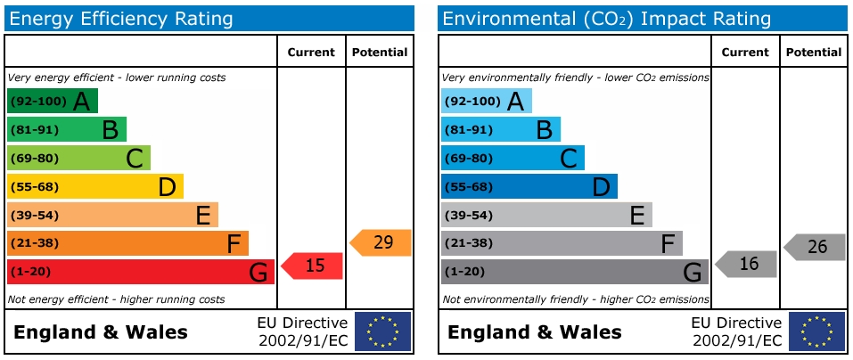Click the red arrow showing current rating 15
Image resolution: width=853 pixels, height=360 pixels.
(312, 266)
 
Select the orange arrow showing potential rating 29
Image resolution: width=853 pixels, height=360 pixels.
(381, 242)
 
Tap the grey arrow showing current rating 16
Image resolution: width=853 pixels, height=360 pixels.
(746, 264)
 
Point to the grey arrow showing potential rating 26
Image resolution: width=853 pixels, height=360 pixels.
(815, 247)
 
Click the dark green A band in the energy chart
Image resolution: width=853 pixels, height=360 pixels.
(52, 101)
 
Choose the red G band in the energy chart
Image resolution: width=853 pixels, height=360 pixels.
(140, 271)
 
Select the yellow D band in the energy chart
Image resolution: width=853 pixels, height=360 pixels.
(94, 186)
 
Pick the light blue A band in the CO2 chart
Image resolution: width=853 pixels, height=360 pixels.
(486, 101)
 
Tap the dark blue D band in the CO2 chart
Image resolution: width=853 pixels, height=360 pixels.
(529, 186)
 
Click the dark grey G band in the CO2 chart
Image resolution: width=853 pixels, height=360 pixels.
(574, 271)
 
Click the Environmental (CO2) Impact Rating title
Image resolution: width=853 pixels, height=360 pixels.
(606, 18)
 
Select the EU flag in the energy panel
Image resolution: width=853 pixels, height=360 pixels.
(383, 331)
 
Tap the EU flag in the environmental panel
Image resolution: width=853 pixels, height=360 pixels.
(817, 331)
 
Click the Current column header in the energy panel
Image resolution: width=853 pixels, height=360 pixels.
(311, 53)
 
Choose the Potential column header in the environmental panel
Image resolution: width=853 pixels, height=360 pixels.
(813, 53)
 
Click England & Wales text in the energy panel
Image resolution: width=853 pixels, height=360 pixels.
(101, 332)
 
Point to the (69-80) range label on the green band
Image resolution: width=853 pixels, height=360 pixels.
(33, 158)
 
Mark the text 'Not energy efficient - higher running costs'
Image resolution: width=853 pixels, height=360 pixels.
(116, 299)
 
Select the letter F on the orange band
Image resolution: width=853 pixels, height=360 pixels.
(234, 242)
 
